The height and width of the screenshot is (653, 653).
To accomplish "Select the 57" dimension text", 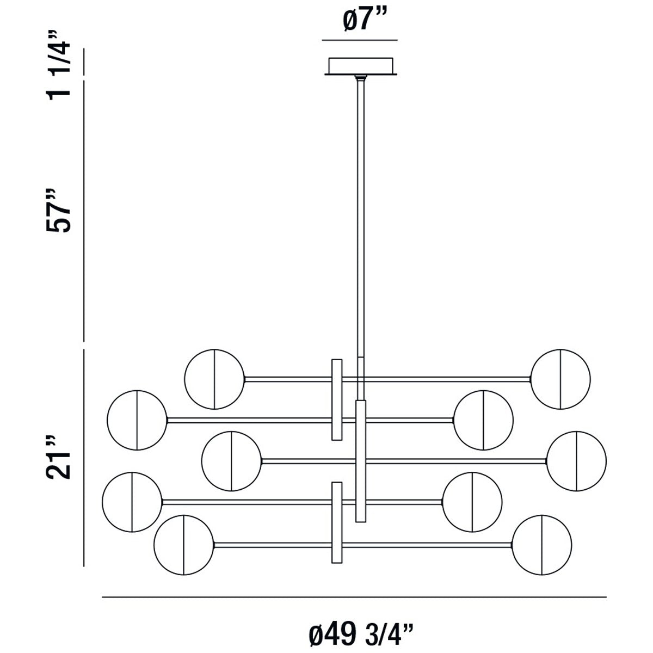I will point(59,211).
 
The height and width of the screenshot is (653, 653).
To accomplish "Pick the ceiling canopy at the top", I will point(360,66).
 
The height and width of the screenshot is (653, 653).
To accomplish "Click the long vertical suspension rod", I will point(360,218).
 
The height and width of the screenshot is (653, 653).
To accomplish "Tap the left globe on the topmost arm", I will point(214,379).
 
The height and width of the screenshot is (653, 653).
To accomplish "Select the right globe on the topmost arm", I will point(560,379).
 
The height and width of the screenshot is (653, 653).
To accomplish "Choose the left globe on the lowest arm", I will point(183,545).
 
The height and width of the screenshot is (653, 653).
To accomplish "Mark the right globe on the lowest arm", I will point(542,545).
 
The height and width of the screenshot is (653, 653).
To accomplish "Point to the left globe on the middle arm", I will point(231,460).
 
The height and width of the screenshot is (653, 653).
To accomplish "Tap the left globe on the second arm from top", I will point(137,420).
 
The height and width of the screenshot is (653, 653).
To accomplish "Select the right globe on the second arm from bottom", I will point(472,502).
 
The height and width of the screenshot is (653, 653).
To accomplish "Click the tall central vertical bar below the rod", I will point(360,461).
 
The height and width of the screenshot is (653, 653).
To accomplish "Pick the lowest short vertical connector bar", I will point(337,522).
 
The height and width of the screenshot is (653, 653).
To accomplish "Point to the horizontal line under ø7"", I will point(360,40).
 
